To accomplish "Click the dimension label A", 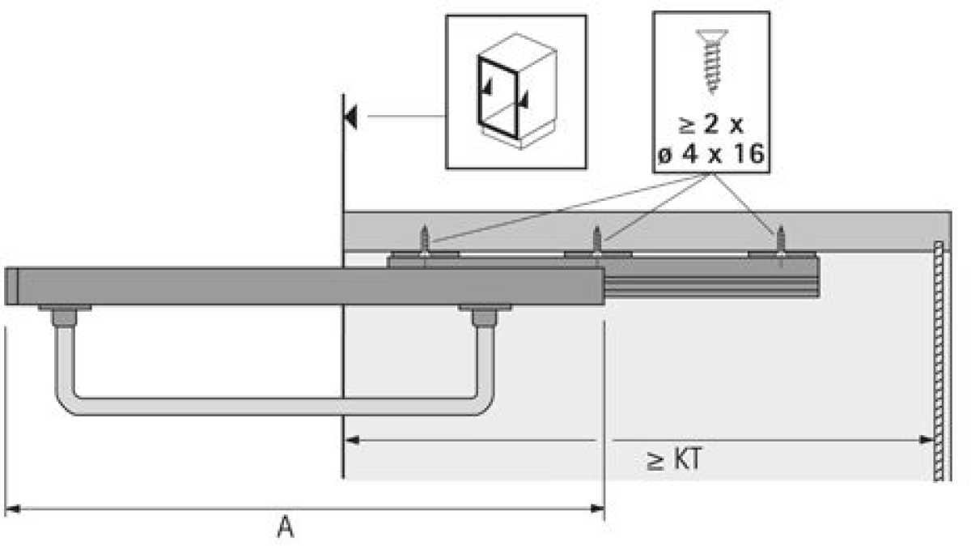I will pos(285,528).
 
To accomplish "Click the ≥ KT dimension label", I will pos(673,461).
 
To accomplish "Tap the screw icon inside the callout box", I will pos(711,60).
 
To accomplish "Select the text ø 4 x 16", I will pos(711,153).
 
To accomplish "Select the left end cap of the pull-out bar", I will pos(11,286).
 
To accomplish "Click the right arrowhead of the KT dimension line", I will pos(928,441).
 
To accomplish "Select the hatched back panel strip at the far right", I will pos(939,360).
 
